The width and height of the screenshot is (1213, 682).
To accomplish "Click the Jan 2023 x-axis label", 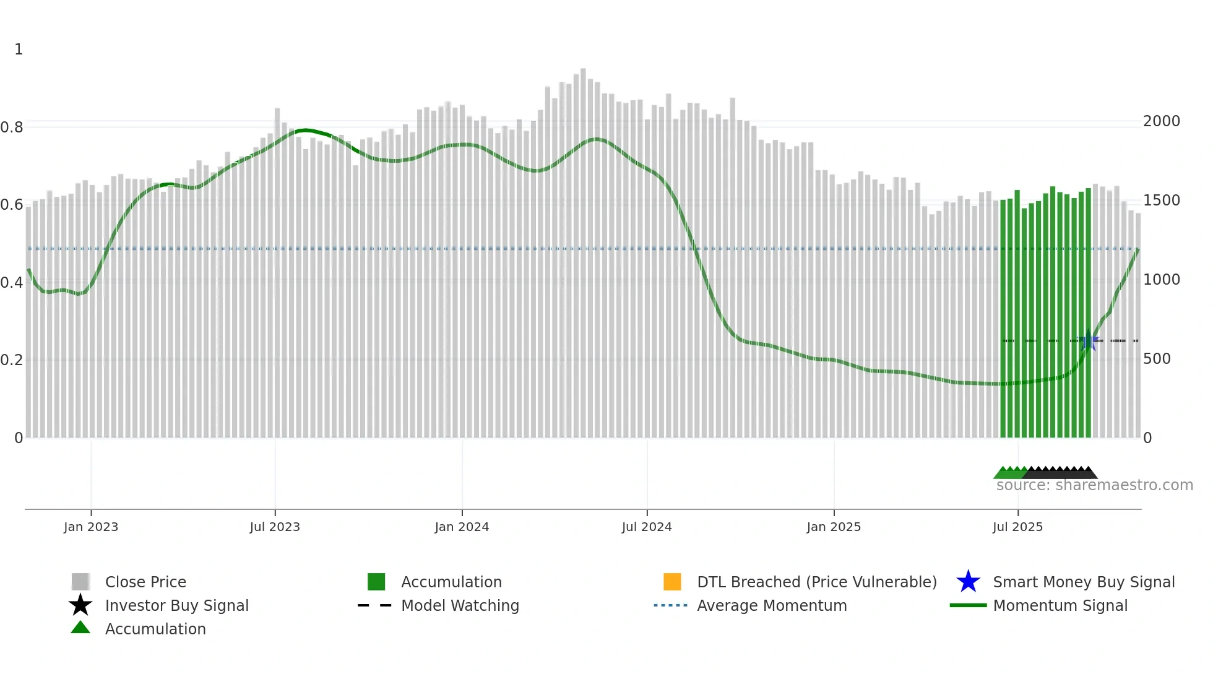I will pos(90,527).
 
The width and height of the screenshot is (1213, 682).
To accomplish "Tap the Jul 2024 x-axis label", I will pos(647,527).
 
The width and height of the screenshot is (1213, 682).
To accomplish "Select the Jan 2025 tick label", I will pos(834,527).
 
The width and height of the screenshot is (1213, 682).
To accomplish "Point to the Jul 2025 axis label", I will pos(1017,527).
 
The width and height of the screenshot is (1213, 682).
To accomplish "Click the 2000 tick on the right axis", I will pos(1161,121).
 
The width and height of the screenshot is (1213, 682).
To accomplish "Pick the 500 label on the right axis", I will pos(1156,359).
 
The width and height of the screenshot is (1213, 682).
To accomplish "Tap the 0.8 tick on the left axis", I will pos(12,127).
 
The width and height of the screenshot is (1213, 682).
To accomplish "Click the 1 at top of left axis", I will pos(19,50).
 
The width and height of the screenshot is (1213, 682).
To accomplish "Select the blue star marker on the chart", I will pos(1088,340).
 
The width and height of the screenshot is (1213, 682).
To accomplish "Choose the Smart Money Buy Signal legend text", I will pos(1084,582).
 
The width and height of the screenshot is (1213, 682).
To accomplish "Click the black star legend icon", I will pos(80,605).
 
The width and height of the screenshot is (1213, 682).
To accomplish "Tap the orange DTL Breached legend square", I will pos(672,582).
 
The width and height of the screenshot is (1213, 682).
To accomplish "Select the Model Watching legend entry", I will pos(460,605).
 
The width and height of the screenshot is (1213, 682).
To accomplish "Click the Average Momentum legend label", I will pos(772,605).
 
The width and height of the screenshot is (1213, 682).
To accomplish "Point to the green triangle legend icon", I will pos(80,628).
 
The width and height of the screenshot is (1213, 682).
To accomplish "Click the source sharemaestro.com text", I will pos(1094,485).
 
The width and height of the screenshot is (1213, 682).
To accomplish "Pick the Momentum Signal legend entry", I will pos(1060,605).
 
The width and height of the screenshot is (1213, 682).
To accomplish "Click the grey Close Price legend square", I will pos(80,582).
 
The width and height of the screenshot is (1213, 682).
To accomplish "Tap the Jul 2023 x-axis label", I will pos(275,527).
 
